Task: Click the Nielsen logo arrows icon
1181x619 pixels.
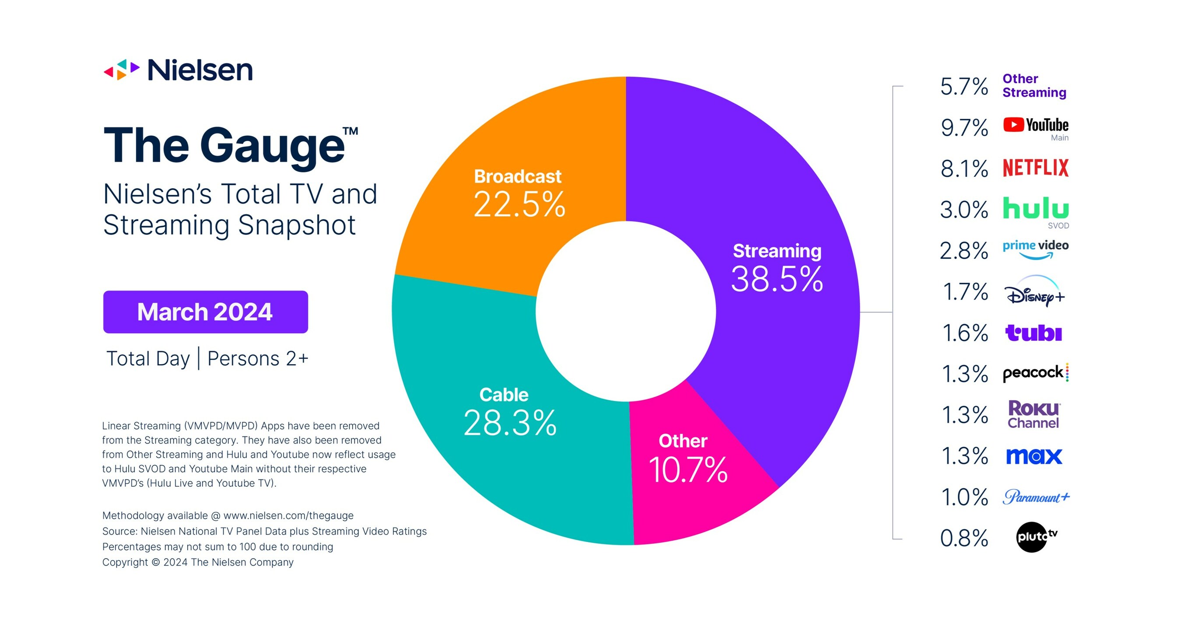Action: [x=122, y=70]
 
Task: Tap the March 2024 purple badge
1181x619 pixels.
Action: [x=205, y=312]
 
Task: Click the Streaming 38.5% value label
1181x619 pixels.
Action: [x=777, y=279]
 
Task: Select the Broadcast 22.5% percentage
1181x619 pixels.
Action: [x=519, y=204]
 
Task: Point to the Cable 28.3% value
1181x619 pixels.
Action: [x=510, y=423]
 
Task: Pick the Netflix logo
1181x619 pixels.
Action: [x=1035, y=168]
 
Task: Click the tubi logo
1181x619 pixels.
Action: [x=1034, y=333]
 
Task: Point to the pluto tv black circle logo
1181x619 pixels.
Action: [x=1032, y=536]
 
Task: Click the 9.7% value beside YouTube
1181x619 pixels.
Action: [x=964, y=128]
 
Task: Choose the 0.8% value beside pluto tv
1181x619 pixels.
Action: [x=964, y=538]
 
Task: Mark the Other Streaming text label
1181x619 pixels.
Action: [x=1034, y=86]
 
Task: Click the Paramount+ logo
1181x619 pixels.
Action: [x=1035, y=497]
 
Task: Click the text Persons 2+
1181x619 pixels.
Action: [x=258, y=359]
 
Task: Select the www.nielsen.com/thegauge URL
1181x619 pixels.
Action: [x=288, y=515]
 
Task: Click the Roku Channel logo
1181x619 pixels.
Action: [x=1034, y=415]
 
